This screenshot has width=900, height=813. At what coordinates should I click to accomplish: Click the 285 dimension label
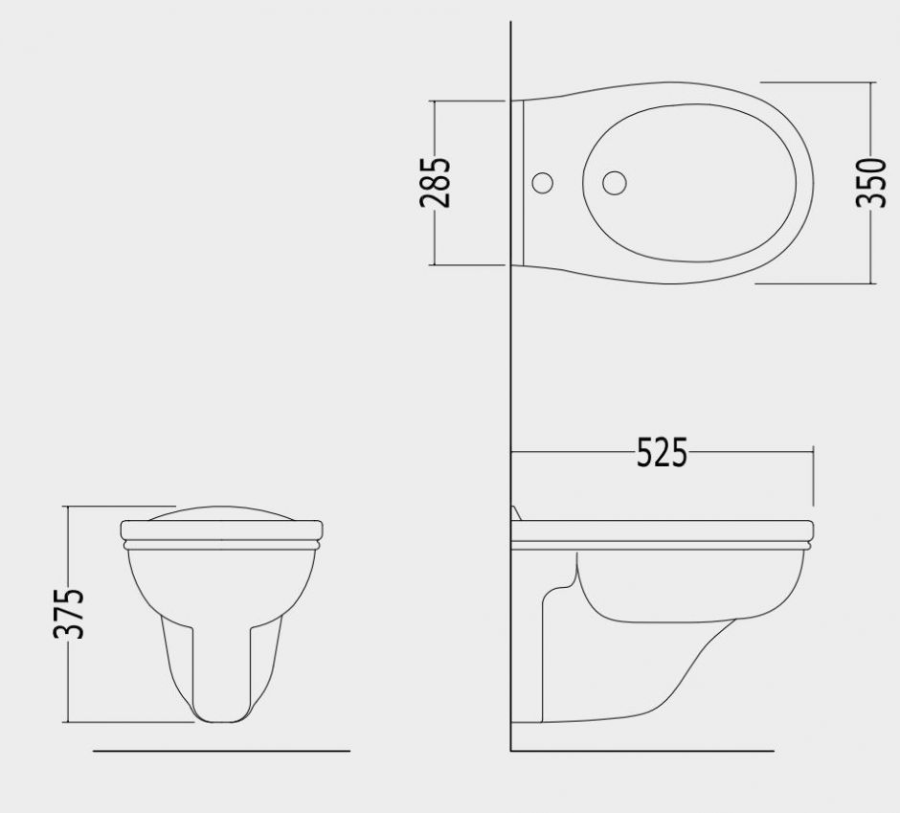coord(435,182)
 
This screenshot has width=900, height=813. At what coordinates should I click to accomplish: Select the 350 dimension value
coord(871,182)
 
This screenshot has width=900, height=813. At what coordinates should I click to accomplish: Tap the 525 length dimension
coord(662,452)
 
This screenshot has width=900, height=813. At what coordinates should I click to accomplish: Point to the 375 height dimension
coord(69,613)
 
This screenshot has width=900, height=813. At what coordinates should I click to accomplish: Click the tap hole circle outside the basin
coord(543,183)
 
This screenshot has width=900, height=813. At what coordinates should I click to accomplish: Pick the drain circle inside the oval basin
coord(614,183)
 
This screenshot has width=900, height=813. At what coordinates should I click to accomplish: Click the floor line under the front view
coord(221,751)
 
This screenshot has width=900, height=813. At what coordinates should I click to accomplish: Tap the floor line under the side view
coord(642,751)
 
